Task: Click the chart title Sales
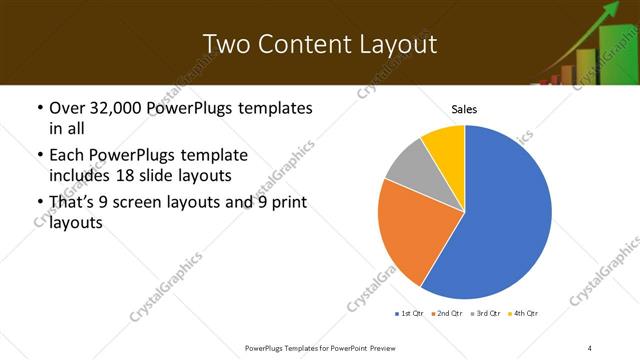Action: pyautogui.click(x=465, y=108)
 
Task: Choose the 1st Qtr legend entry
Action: pyautogui.click(x=410, y=314)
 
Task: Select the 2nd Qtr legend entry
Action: pyautogui.click(x=447, y=314)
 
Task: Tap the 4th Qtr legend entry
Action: pyautogui.click(x=524, y=314)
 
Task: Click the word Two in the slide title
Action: pyautogui.click(x=226, y=44)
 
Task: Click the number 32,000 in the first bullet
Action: pyautogui.click(x=108, y=107)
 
